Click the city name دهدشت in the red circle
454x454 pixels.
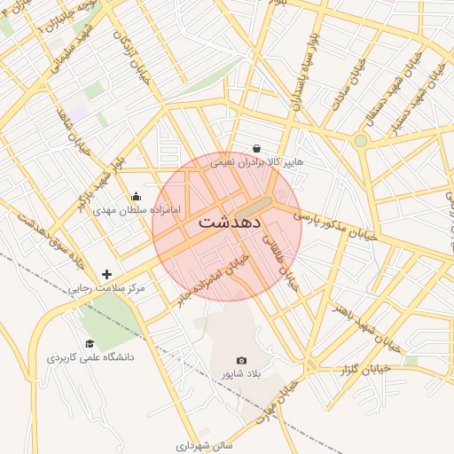(228, 222)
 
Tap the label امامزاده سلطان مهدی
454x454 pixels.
(137, 211)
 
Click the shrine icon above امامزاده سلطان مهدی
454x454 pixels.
(136, 197)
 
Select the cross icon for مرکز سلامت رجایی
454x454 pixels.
(107, 274)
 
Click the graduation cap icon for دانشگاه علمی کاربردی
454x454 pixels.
(89, 343)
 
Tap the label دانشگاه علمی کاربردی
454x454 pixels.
(90, 357)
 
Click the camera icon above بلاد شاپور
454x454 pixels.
(241, 360)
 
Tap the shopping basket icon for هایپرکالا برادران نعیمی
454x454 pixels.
(256, 148)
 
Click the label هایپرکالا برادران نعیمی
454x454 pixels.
(256, 162)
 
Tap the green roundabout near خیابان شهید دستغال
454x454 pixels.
(360, 140)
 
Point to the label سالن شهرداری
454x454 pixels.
(203, 445)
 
